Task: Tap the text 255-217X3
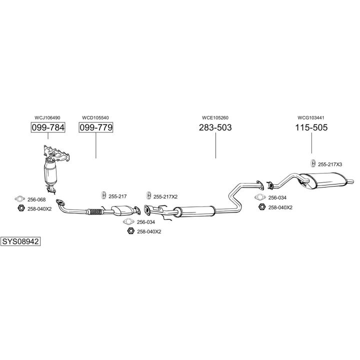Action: point(330,164)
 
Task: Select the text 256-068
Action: point(36,199)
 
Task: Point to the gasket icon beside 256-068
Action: point(20,199)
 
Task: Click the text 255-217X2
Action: point(165,196)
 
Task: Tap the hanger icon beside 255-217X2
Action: point(148,195)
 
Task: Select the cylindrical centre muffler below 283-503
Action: point(195,210)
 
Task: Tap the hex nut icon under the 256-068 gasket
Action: point(20,208)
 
